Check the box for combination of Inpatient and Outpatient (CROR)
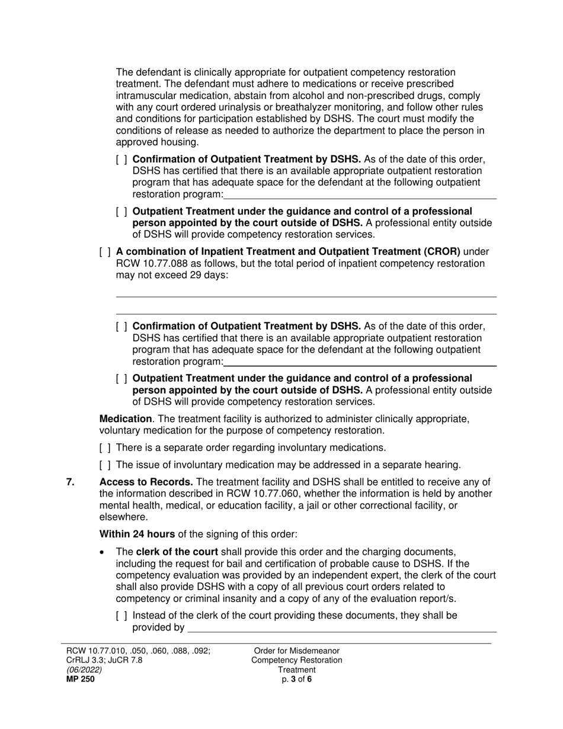105,251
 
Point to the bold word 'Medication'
125,419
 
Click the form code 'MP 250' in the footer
80,679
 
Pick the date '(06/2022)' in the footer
84,670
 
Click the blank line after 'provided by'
341,628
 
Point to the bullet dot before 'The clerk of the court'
105,551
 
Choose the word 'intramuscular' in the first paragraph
145,95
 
